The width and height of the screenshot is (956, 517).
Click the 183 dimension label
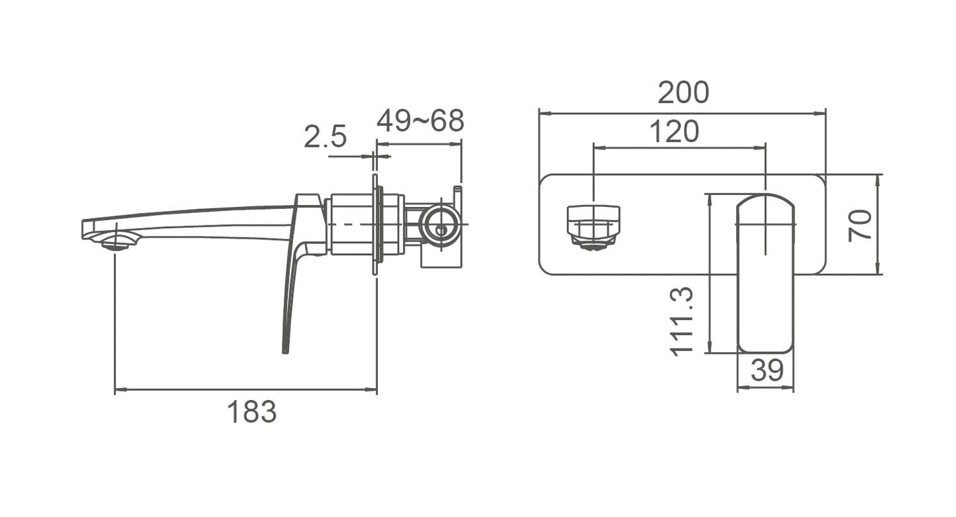point(252,412)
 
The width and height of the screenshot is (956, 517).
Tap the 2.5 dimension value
point(326,136)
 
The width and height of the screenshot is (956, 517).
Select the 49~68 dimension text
point(420,121)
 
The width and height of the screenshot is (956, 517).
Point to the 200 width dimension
point(683,92)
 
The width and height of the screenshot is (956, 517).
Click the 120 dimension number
point(674,131)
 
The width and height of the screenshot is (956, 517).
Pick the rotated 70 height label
point(859,225)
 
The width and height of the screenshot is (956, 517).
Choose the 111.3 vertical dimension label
point(681,321)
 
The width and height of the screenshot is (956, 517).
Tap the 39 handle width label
point(767,370)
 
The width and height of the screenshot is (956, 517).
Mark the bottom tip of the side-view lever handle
point(286,353)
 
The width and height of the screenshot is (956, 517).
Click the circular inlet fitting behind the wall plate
point(441,224)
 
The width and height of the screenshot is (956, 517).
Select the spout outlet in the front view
point(593,227)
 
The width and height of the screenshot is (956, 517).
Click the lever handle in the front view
point(765,273)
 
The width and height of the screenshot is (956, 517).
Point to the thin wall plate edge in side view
point(374,224)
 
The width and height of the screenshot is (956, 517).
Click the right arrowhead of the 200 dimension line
point(820,114)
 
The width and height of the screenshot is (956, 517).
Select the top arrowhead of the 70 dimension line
point(878,181)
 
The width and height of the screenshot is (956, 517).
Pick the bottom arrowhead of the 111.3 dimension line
point(710,347)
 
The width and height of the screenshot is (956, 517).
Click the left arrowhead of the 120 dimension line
point(599,148)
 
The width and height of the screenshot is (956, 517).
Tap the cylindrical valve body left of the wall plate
point(351,224)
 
